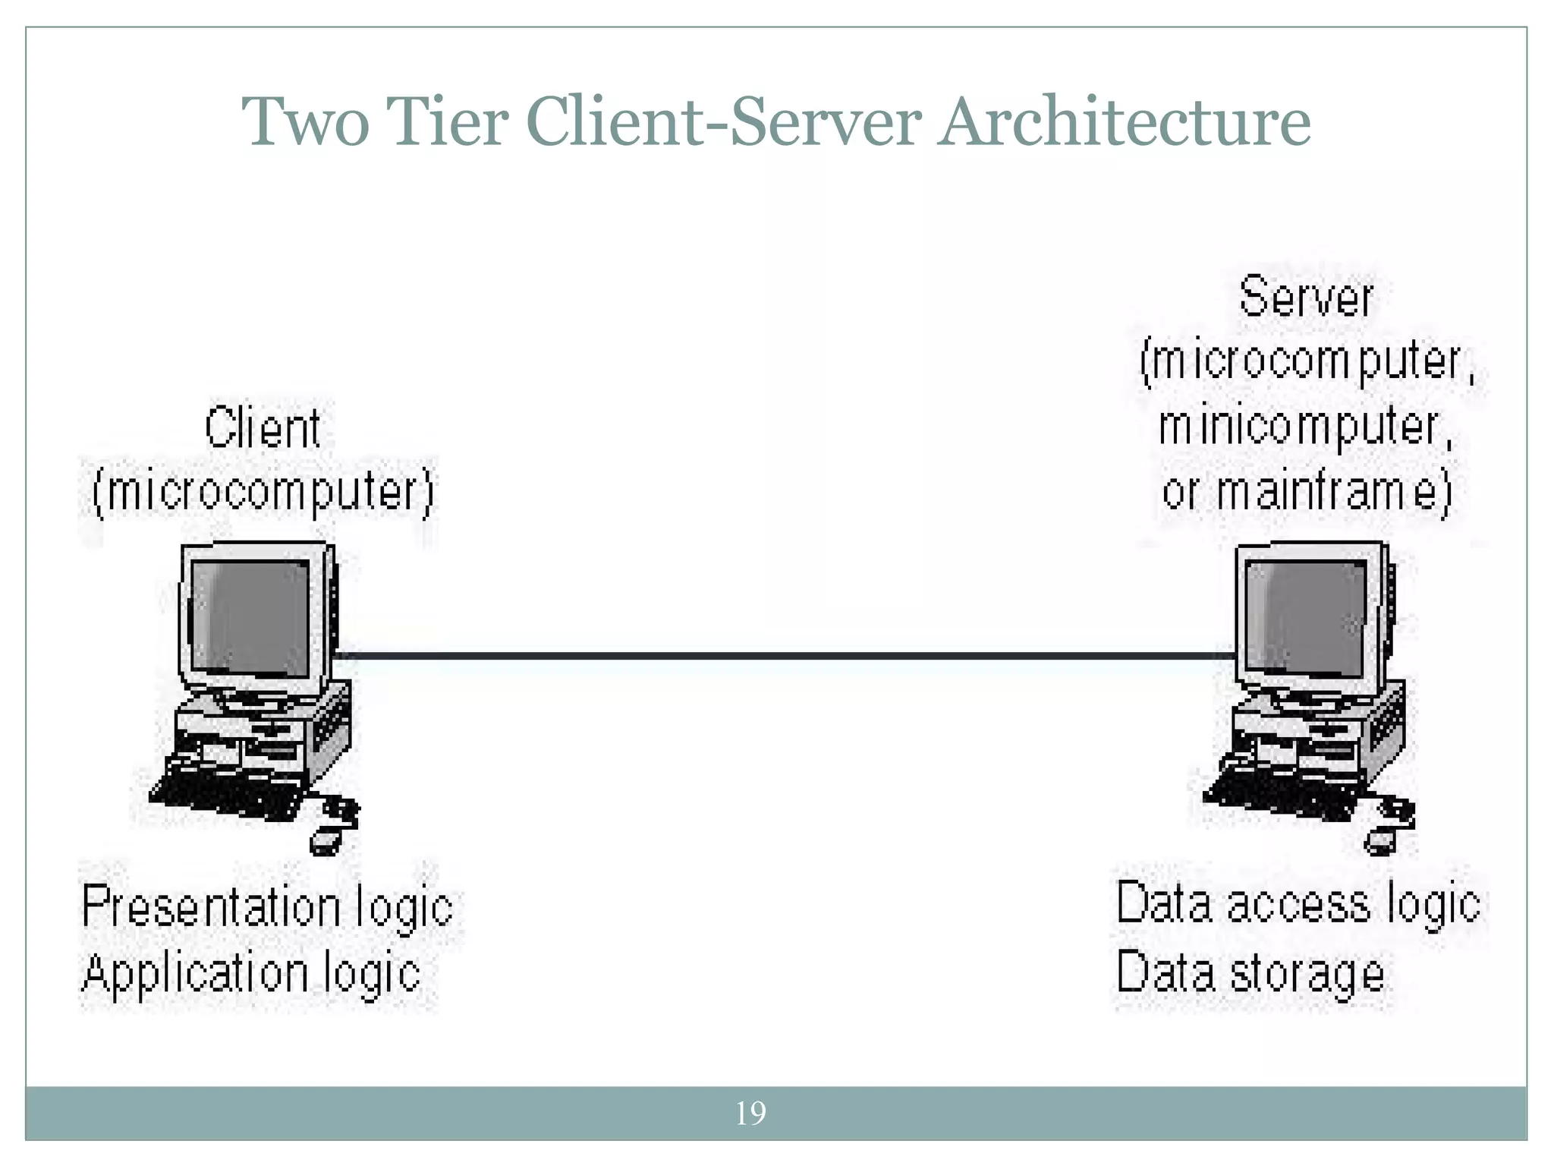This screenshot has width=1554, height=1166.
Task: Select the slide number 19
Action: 750,1114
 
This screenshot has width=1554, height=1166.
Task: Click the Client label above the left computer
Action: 263,428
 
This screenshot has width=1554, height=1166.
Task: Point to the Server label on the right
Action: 1306,298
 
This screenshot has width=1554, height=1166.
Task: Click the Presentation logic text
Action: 267,907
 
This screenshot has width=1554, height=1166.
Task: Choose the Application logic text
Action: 251,973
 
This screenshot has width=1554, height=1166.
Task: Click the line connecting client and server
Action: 782,655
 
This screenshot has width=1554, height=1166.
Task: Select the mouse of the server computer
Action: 1379,841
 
